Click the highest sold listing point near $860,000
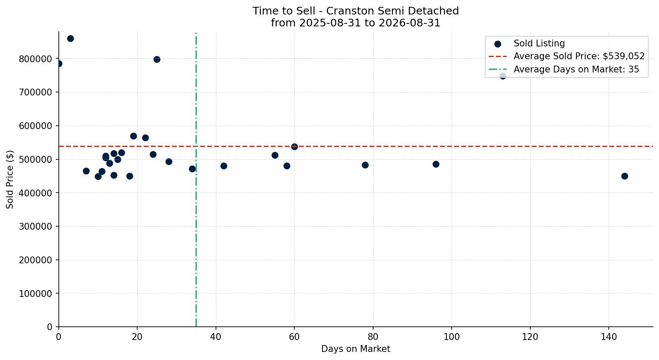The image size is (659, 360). (x=70, y=38)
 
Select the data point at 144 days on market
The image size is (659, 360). (x=624, y=176)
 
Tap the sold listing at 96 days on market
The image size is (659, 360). (x=436, y=164)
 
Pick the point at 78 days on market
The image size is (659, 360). (x=365, y=165)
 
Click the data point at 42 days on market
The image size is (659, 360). (x=224, y=166)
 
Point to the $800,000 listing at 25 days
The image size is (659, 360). (x=157, y=59)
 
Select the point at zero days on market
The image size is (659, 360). (x=59, y=64)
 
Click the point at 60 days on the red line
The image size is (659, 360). (x=294, y=147)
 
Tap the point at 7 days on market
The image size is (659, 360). (x=86, y=171)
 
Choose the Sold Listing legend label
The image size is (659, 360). (x=539, y=43)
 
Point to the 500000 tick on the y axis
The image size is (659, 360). (x=36, y=160)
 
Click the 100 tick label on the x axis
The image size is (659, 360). (x=452, y=337)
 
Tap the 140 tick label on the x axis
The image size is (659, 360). (x=609, y=337)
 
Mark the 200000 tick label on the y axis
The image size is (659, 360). (x=36, y=260)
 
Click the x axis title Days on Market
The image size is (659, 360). (x=356, y=349)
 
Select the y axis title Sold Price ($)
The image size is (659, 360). (x=10, y=180)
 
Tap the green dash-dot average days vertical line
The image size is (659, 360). (x=196, y=180)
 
